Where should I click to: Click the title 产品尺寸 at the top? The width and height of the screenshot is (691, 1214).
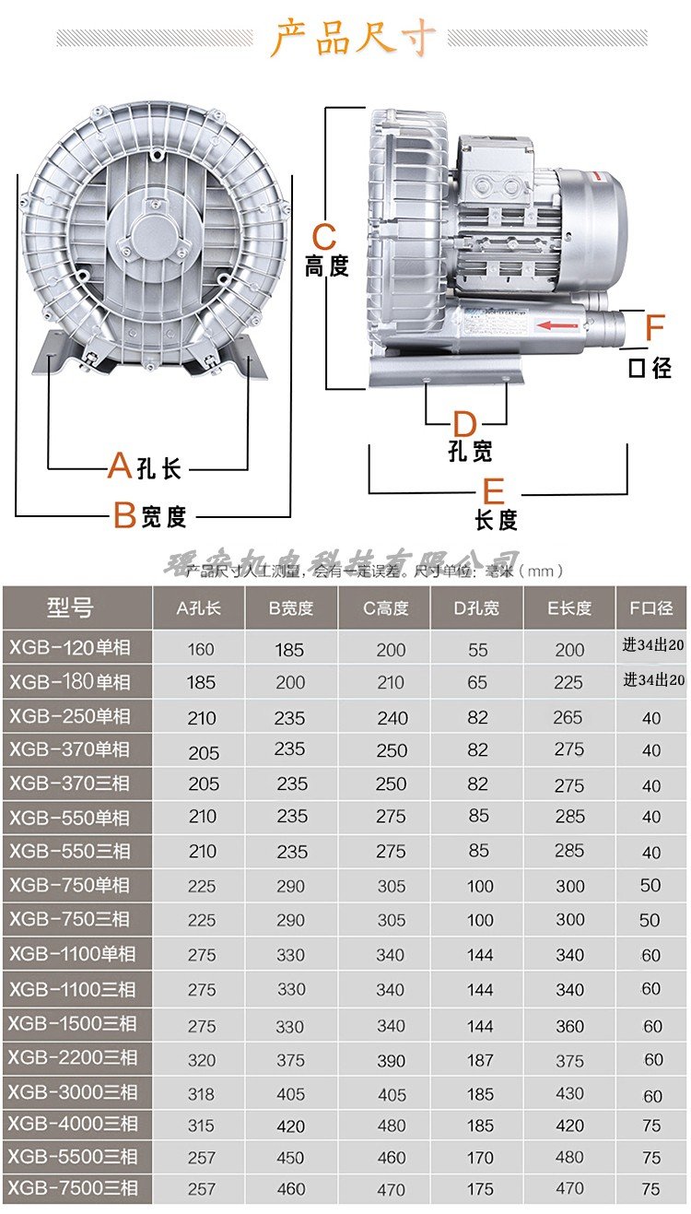click(x=353, y=38)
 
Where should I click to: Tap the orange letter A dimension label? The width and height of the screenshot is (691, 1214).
click(x=119, y=466)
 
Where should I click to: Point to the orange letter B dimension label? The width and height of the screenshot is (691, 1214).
click(x=124, y=515)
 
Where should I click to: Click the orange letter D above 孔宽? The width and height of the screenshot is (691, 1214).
click(x=464, y=424)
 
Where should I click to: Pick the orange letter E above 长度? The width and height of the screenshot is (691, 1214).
click(x=494, y=490)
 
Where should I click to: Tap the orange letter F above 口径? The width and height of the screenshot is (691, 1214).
click(x=654, y=328)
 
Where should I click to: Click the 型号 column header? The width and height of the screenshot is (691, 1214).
click(x=71, y=608)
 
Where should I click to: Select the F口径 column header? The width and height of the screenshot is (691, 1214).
click(x=651, y=608)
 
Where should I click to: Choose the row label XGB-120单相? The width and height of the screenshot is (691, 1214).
click(x=70, y=648)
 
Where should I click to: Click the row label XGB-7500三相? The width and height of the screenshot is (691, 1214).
click(x=74, y=1188)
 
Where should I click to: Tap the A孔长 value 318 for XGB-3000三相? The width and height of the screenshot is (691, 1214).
click(x=201, y=1094)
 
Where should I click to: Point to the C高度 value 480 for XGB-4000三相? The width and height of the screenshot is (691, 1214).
click(x=391, y=1126)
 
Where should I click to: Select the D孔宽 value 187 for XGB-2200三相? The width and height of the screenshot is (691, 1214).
click(x=480, y=1060)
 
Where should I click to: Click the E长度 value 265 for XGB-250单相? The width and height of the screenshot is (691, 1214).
click(x=568, y=717)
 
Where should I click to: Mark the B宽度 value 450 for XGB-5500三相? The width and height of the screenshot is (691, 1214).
click(x=291, y=1158)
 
